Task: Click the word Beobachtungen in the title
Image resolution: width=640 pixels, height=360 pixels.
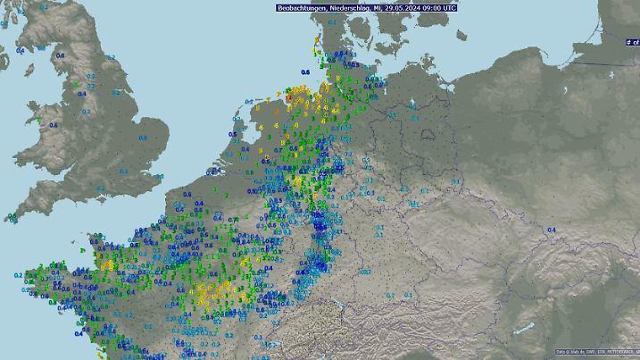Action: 300,7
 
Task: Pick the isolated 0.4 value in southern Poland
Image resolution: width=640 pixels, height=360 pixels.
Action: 551,230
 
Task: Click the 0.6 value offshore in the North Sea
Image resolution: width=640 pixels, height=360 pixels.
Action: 305,71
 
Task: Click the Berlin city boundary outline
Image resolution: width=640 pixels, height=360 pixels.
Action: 428,135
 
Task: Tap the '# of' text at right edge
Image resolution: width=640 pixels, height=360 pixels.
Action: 632,41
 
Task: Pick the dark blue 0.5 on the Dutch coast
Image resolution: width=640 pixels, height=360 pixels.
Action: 232,135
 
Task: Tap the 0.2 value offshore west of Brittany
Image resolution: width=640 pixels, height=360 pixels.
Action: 18,275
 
